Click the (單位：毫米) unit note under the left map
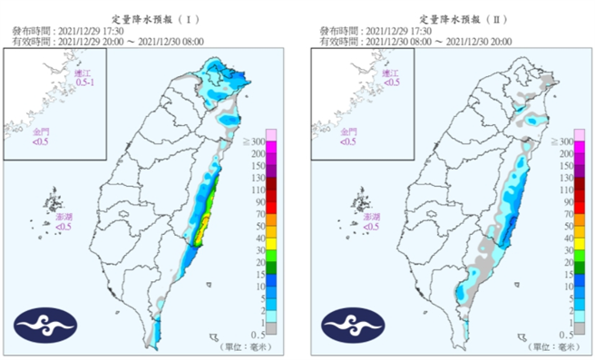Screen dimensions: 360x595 tap(245, 346)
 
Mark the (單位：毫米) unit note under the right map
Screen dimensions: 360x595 tap(553, 346)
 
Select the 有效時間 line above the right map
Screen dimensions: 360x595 tap(415, 41)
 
